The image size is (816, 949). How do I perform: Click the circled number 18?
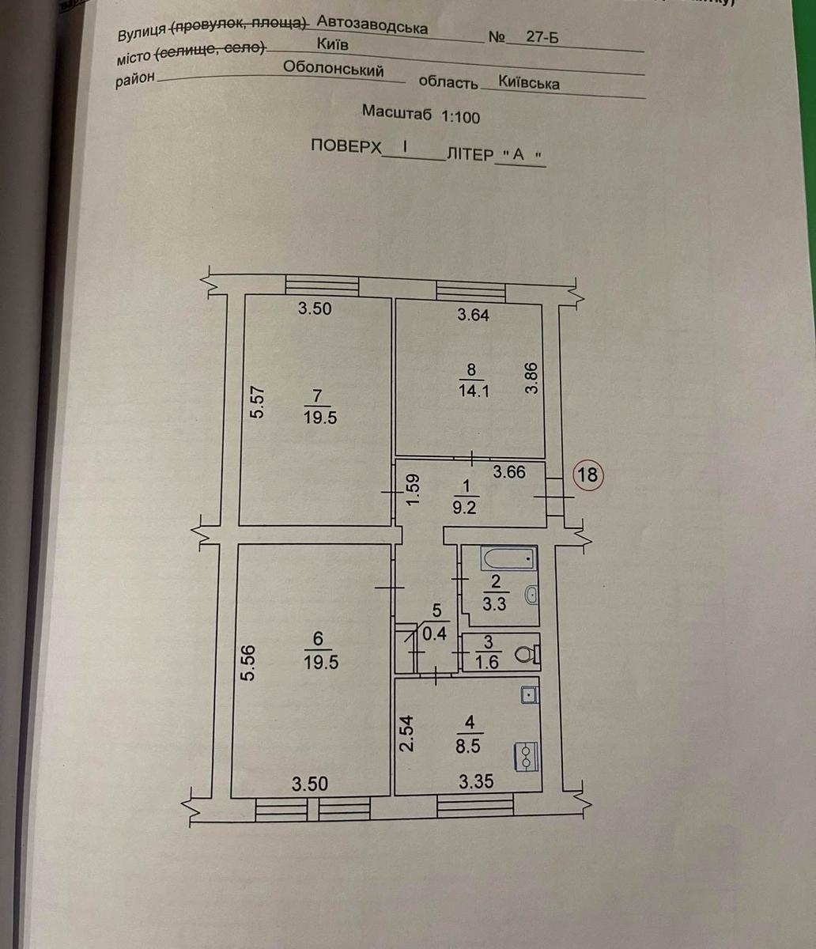tap(588, 474)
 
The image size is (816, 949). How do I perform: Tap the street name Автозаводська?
tap(372, 25)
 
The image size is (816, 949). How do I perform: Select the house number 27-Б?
tap(542, 36)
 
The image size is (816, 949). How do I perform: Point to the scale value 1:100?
tap(460, 116)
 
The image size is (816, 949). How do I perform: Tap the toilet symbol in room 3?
tap(527, 653)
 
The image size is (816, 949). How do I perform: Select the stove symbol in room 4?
tap(525, 754)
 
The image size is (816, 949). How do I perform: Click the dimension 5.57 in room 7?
tap(258, 403)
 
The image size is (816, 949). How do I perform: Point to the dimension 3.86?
tap(531, 378)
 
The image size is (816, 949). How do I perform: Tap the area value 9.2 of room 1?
tap(465, 509)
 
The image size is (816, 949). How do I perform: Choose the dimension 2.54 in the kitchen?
tap(406, 733)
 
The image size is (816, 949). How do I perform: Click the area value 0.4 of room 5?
tap(434, 634)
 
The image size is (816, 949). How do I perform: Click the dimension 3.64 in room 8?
tap(474, 315)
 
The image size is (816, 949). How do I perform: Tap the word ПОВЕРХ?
tap(346, 146)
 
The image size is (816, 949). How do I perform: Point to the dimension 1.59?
tap(414, 490)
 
